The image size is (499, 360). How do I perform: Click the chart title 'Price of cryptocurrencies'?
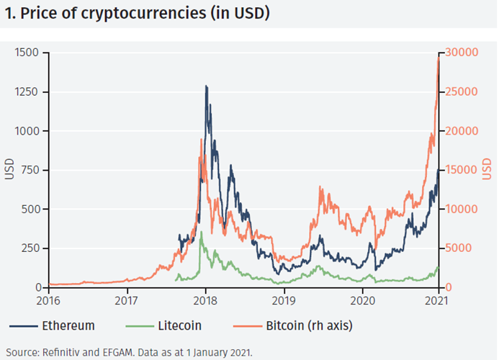(137, 13)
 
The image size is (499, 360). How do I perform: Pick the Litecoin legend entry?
(179, 326)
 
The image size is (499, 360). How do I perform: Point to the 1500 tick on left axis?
(28, 53)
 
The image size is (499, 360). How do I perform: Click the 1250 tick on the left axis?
(28, 92)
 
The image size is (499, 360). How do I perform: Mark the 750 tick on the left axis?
(31, 170)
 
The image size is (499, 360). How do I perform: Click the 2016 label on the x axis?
(48, 300)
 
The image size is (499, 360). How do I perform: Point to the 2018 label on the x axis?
(205, 300)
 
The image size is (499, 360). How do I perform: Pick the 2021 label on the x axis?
(438, 300)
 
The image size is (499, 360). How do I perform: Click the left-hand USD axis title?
(9, 170)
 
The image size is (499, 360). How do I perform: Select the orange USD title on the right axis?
(487, 170)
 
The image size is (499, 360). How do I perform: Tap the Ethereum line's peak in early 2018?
(207, 86)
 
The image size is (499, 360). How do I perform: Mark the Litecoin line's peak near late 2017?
(201, 232)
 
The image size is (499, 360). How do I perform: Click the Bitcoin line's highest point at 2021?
(438, 57)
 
